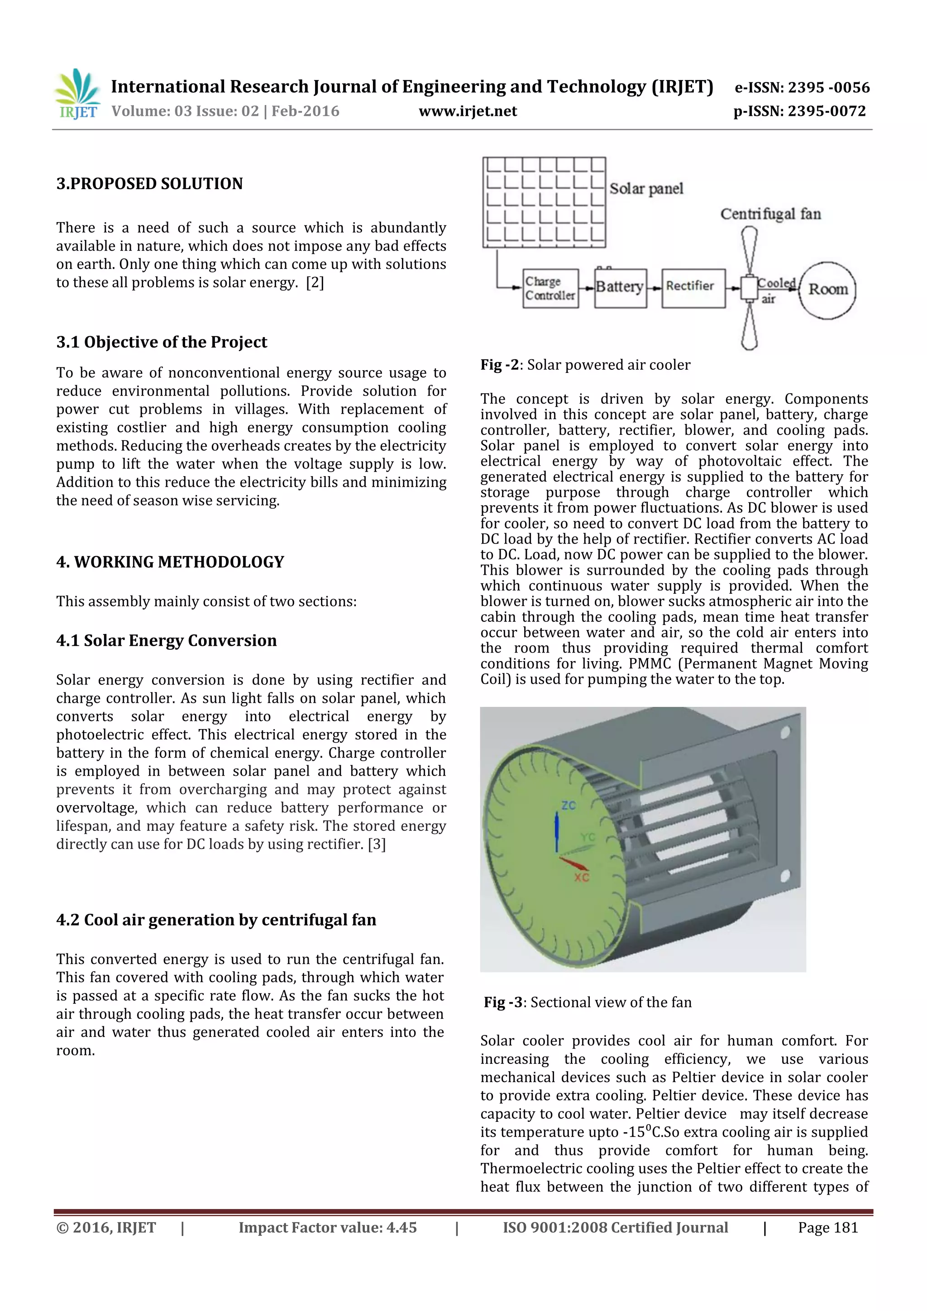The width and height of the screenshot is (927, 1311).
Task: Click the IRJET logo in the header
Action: (x=77, y=95)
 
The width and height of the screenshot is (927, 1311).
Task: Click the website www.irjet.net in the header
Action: (x=467, y=111)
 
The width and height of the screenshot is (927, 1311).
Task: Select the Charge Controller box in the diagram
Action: (x=550, y=288)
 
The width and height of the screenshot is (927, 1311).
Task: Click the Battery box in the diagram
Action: (x=620, y=288)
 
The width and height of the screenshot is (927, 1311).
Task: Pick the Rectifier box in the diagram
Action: (x=693, y=288)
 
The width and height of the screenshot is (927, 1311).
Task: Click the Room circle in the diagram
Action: (x=827, y=290)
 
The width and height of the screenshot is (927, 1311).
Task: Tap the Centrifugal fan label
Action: (x=770, y=214)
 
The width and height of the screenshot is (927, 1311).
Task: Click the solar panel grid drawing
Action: (x=544, y=202)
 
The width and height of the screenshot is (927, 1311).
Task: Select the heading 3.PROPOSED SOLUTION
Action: (x=150, y=184)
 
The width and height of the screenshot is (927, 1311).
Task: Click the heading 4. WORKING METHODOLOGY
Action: (x=170, y=562)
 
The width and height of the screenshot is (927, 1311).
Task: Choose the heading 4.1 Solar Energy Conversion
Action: (x=166, y=641)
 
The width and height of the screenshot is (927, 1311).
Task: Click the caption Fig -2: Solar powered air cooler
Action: (x=585, y=365)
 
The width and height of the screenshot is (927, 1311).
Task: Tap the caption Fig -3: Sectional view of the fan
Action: (x=587, y=1002)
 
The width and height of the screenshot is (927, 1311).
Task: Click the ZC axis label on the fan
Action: (x=569, y=806)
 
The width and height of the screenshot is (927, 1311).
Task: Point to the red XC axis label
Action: (x=582, y=877)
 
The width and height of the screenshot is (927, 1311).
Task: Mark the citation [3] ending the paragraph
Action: (x=377, y=844)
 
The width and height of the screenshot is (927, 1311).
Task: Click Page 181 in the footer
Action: (x=827, y=1228)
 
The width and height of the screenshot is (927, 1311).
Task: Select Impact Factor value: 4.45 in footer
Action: (x=327, y=1228)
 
